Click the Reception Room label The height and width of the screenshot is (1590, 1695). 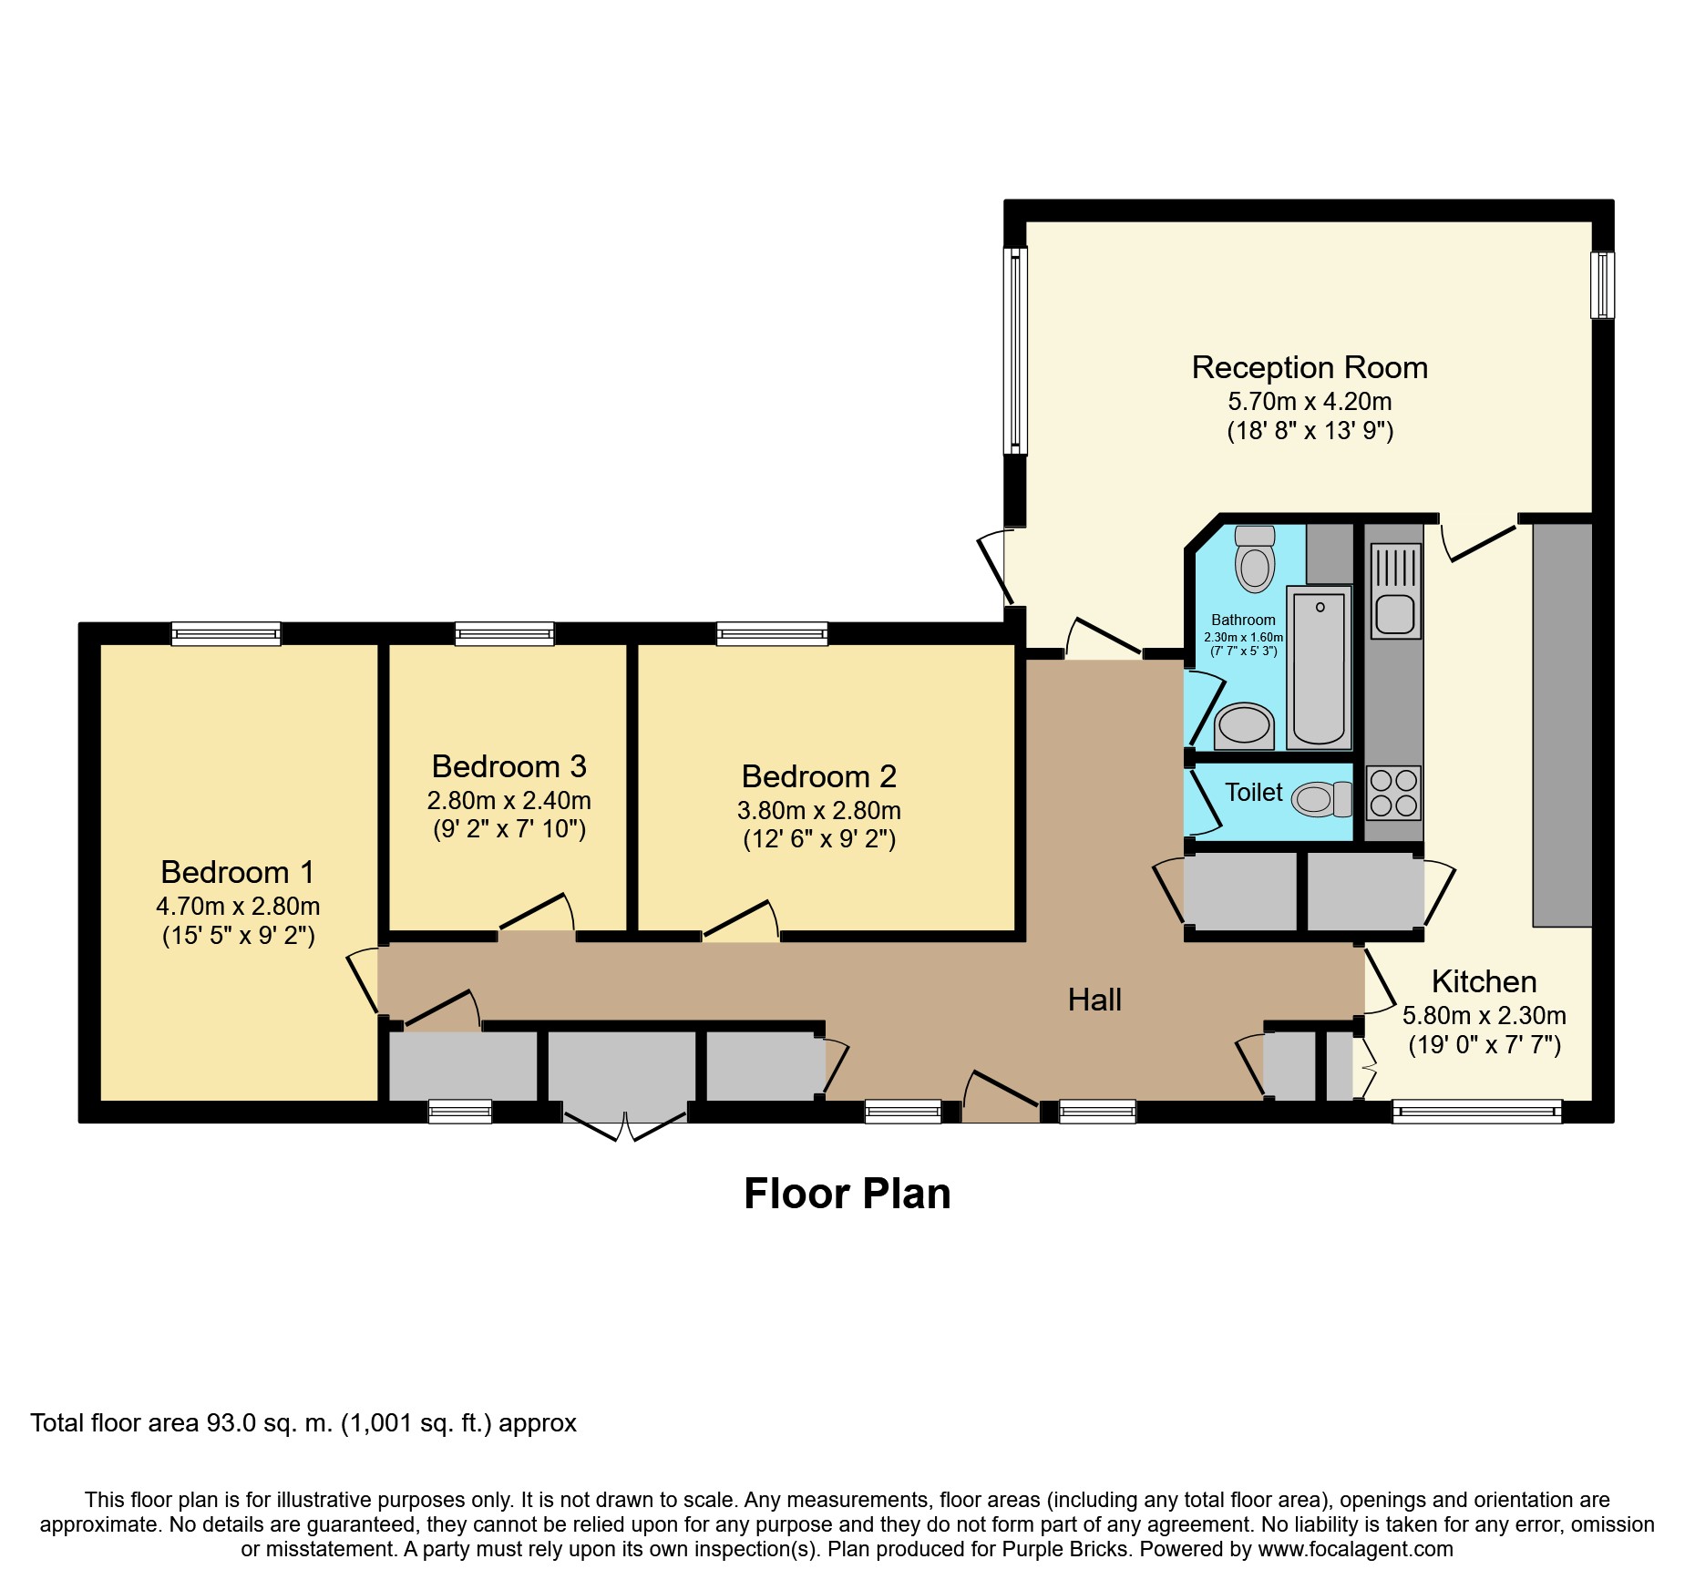tap(1310, 367)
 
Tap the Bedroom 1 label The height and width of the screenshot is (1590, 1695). tap(238, 872)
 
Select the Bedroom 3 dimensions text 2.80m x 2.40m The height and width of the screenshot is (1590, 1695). tap(509, 801)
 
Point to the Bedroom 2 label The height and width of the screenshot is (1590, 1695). tap(819, 776)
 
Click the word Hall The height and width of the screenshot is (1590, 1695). tap(1094, 1000)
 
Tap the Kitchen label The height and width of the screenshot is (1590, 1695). tap(1484, 981)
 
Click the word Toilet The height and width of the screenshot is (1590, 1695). tap(1254, 793)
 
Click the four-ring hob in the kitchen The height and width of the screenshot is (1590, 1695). tap(1394, 793)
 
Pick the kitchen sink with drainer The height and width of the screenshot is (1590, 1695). tap(1395, 590)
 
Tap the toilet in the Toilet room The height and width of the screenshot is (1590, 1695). tap(1322, 799)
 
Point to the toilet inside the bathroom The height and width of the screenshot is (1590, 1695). tap(1255, 559)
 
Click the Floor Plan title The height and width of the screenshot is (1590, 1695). tap(847, 1194)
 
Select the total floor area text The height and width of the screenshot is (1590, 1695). tap(303, 1423)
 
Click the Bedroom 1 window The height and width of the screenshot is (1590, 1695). tap(226, 633)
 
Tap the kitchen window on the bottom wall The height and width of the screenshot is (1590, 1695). tap(1477, 1112)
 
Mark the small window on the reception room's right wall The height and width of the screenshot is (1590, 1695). tap(1602, 285)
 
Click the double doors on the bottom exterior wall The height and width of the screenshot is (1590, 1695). tap(624, 1123)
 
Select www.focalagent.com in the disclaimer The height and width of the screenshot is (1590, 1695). tap(1355, 1549)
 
